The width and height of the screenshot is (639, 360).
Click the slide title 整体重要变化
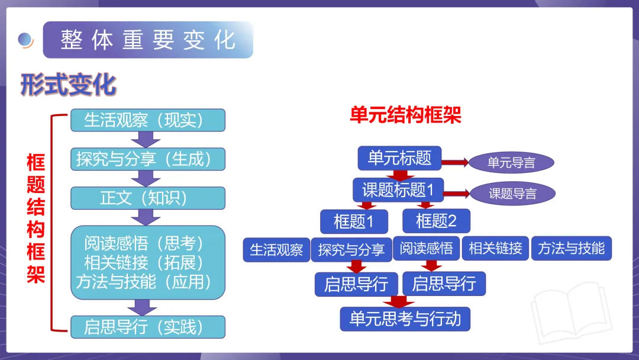(148, 40)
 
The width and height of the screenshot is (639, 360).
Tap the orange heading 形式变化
(68, 85)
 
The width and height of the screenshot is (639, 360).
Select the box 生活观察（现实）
(148, 120)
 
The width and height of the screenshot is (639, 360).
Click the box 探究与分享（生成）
(148, 159)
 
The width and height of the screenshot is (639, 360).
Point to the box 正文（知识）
(148, 198)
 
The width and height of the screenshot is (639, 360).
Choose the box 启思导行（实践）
(148, 327)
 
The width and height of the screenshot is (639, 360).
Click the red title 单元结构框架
(405, 115)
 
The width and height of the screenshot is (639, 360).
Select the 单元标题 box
(399, 158)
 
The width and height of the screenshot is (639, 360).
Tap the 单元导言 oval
(511, 163)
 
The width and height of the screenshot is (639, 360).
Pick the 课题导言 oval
(512, 194)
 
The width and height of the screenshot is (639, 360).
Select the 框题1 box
(354, 221)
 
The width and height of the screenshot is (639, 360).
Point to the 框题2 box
(436, 221)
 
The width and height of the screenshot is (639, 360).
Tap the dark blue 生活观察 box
(276, 249)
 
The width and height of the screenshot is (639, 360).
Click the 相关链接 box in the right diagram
(495, 249)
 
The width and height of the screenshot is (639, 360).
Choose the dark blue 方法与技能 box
(571, 249)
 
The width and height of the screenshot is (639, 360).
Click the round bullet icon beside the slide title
(25, 40)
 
